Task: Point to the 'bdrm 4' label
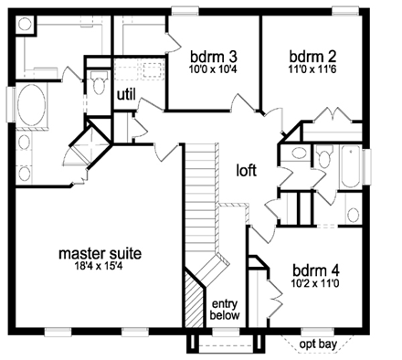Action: click(316, 270)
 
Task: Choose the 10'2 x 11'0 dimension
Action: click(316, 285)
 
